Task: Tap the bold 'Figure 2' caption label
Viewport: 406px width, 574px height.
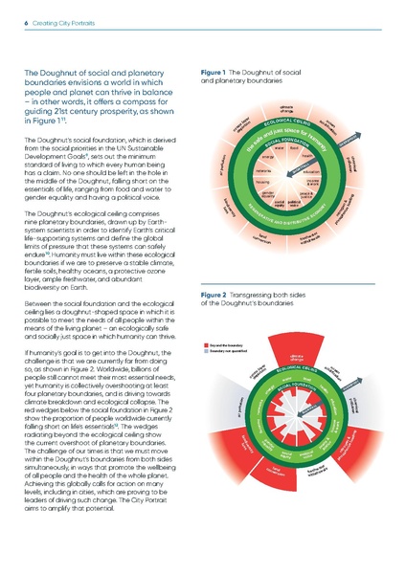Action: (x=212, y=269)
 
